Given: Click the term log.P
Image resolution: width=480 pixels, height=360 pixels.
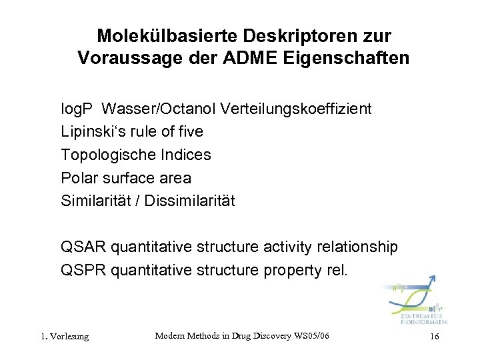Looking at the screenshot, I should [78, 108].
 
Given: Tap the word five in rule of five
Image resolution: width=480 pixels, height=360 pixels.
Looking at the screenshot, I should [189, 131].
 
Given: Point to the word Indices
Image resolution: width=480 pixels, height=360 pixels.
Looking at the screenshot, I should [187, 155].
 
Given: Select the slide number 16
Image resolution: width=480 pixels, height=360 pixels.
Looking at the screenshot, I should [434, 336].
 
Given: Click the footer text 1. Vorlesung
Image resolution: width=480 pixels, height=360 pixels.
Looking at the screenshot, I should [65, 336].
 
